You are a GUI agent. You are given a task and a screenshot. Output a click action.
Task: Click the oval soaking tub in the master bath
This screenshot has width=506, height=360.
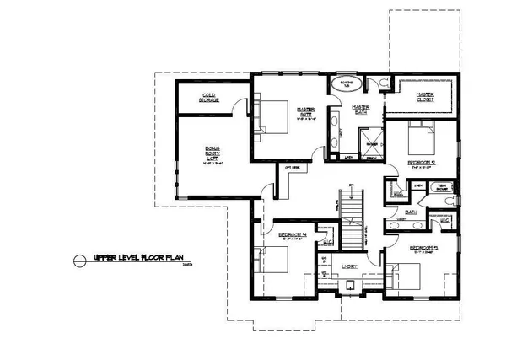343,84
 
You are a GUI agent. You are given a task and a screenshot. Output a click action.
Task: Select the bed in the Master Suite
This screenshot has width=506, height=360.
272,116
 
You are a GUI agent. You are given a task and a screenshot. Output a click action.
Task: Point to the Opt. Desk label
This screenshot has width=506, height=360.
294,168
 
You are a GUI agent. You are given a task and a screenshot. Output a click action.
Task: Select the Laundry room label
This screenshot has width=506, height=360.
349,266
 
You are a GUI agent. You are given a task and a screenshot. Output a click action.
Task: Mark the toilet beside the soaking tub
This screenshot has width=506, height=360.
383,82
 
